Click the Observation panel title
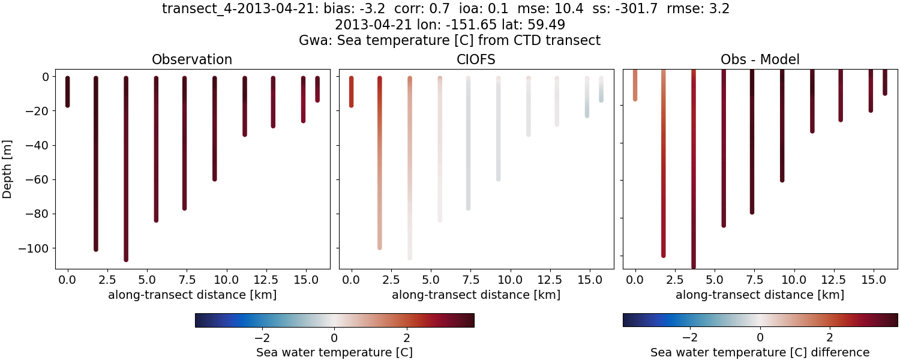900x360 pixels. (192, 59)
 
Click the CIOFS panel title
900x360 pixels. (476, 59)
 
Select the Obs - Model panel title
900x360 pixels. (760, 59)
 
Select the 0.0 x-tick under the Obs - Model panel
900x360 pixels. (635, 280)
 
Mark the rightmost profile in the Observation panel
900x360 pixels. (317, 89)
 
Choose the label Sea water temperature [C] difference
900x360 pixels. (760, 352)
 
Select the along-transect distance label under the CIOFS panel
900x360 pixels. (476, 295)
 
